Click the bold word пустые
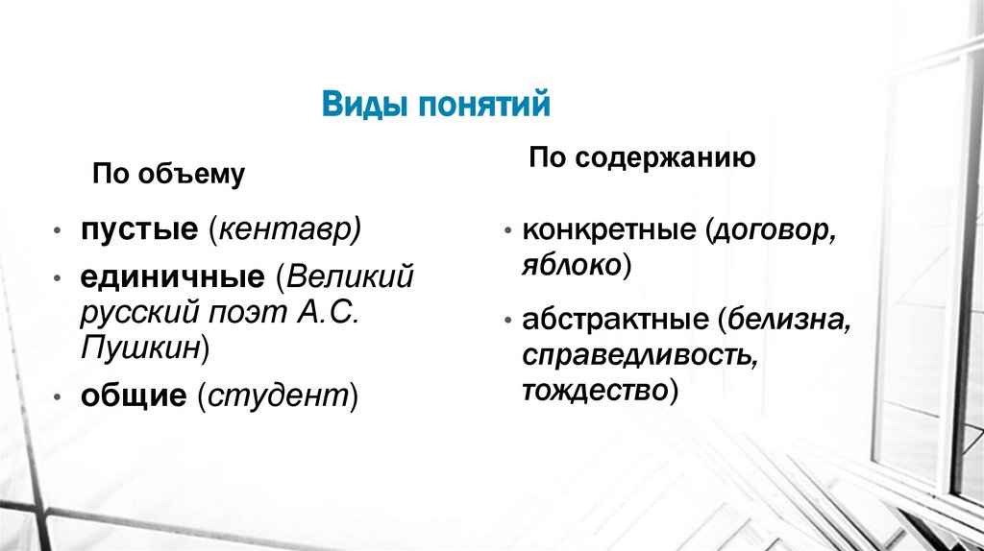click(138, 230)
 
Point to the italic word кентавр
click(287, 230)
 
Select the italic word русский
click(135, 312)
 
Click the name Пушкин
click(139, 347)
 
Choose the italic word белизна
click(789, 320)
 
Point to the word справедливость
click(637, 355)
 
